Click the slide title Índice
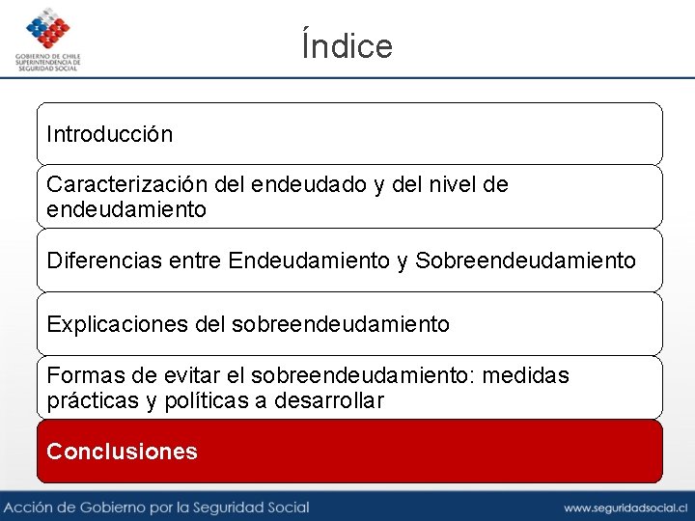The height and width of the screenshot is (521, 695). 347,45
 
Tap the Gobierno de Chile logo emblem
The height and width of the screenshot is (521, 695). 47,29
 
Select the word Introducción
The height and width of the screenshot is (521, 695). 110,134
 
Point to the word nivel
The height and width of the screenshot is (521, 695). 458,184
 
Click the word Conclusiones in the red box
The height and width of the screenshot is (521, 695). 122,452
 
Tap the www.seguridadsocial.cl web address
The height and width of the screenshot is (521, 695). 625,507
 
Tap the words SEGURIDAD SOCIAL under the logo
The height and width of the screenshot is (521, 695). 47,69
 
